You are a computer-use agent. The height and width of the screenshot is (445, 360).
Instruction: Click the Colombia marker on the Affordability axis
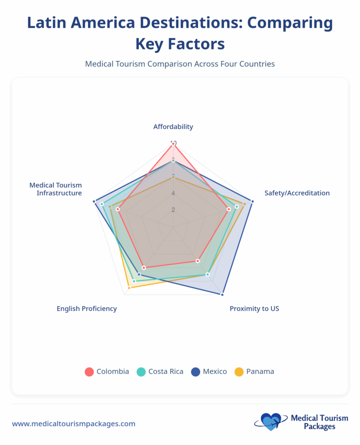point(173,144)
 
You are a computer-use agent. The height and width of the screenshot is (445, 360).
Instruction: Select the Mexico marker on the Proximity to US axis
point(222,295)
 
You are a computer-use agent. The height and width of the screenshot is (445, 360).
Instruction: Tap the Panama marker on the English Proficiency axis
point(129,288)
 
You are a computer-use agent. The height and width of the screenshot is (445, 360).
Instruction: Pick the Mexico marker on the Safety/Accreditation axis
point(253,201)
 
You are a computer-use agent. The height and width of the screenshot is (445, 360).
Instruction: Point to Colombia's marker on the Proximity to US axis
point(197,261)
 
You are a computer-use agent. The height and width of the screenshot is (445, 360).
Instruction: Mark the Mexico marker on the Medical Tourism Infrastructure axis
point(94,201)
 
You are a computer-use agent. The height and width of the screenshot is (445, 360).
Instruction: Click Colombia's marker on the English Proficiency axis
point(143,267)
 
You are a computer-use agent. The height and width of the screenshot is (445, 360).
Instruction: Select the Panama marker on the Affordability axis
point(173,177)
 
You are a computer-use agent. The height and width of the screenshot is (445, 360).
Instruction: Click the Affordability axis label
point(173,127)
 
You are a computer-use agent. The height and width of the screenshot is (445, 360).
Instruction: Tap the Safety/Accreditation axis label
point(297,193)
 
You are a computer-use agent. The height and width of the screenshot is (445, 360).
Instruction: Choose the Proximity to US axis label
point(254,309)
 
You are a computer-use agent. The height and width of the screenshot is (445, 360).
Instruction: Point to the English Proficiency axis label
point(87,309)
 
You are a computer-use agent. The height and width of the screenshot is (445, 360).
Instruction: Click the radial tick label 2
point(173,210)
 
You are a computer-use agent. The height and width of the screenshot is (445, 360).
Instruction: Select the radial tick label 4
point(173,193)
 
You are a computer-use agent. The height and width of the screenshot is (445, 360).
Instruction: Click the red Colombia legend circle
point(89,372)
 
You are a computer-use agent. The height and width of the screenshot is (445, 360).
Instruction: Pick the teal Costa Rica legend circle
point(141,372)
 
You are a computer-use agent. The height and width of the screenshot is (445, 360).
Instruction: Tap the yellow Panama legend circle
point(239,372)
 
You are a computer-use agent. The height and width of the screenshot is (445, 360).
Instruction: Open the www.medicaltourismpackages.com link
point(73,424)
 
